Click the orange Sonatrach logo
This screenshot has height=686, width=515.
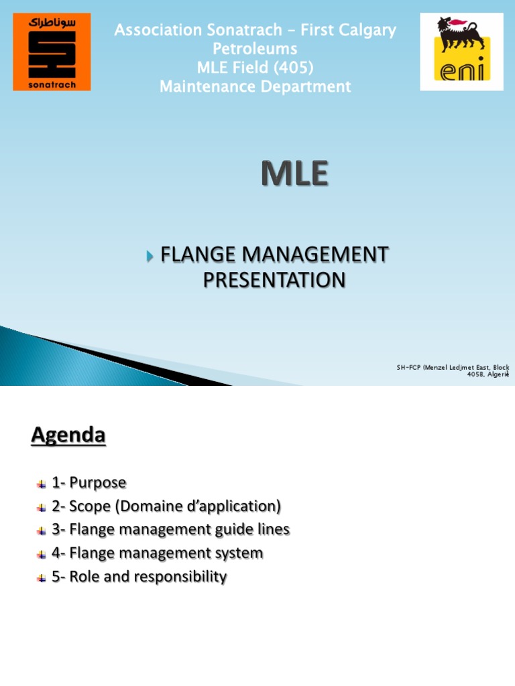[x=52, y=54]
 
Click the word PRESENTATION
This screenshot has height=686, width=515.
[x=274, y=280]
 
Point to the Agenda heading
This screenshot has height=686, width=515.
[x=68, y=436]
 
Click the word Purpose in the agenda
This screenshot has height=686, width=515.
[x=98, y=482]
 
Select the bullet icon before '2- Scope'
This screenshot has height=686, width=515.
[x=42, y=506]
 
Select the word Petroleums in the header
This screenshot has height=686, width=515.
[x=255, y=49]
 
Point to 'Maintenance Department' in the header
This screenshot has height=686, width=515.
[x=255, y=86]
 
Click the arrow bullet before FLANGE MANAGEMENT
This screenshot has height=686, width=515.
[x=150, y=256]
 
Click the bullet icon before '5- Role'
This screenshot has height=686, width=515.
[x=42, y=577]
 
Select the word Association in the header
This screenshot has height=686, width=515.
[x=158, y=30]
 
